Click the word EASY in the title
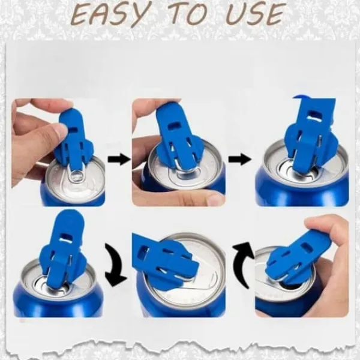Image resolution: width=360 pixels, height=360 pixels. tap(109, 14)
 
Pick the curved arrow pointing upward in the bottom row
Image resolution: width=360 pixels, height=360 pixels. tap(244, 264)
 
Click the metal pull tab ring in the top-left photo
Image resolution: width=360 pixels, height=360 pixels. tap(76, 176)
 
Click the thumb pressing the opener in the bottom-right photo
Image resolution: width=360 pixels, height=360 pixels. tap(331, 232)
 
